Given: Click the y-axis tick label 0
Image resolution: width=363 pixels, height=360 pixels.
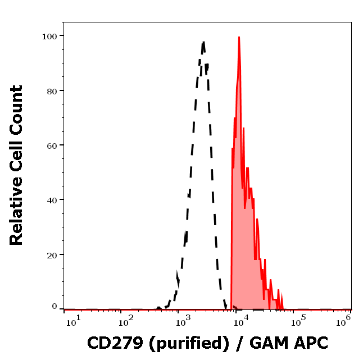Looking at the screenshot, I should pos(55,307).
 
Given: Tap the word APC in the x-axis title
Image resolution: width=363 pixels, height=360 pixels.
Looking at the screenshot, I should pos(311,342).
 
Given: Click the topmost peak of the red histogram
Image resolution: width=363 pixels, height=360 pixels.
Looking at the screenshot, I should pos(239,38).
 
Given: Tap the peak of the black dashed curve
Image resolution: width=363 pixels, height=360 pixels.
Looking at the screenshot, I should pos(203,42).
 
